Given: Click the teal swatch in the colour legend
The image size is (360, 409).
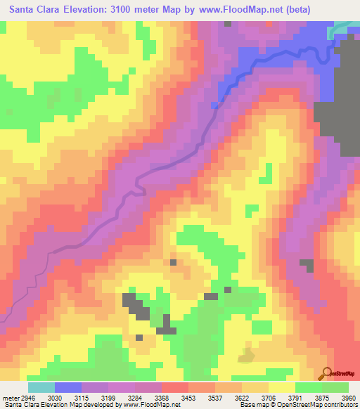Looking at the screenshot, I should [x=41, y=387].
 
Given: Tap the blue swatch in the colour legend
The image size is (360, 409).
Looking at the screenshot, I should [x=67, y=387].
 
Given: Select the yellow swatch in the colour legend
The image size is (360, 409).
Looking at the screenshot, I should [x=281, y=387].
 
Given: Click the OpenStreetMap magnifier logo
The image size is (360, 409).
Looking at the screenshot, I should [x=328, y=372].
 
